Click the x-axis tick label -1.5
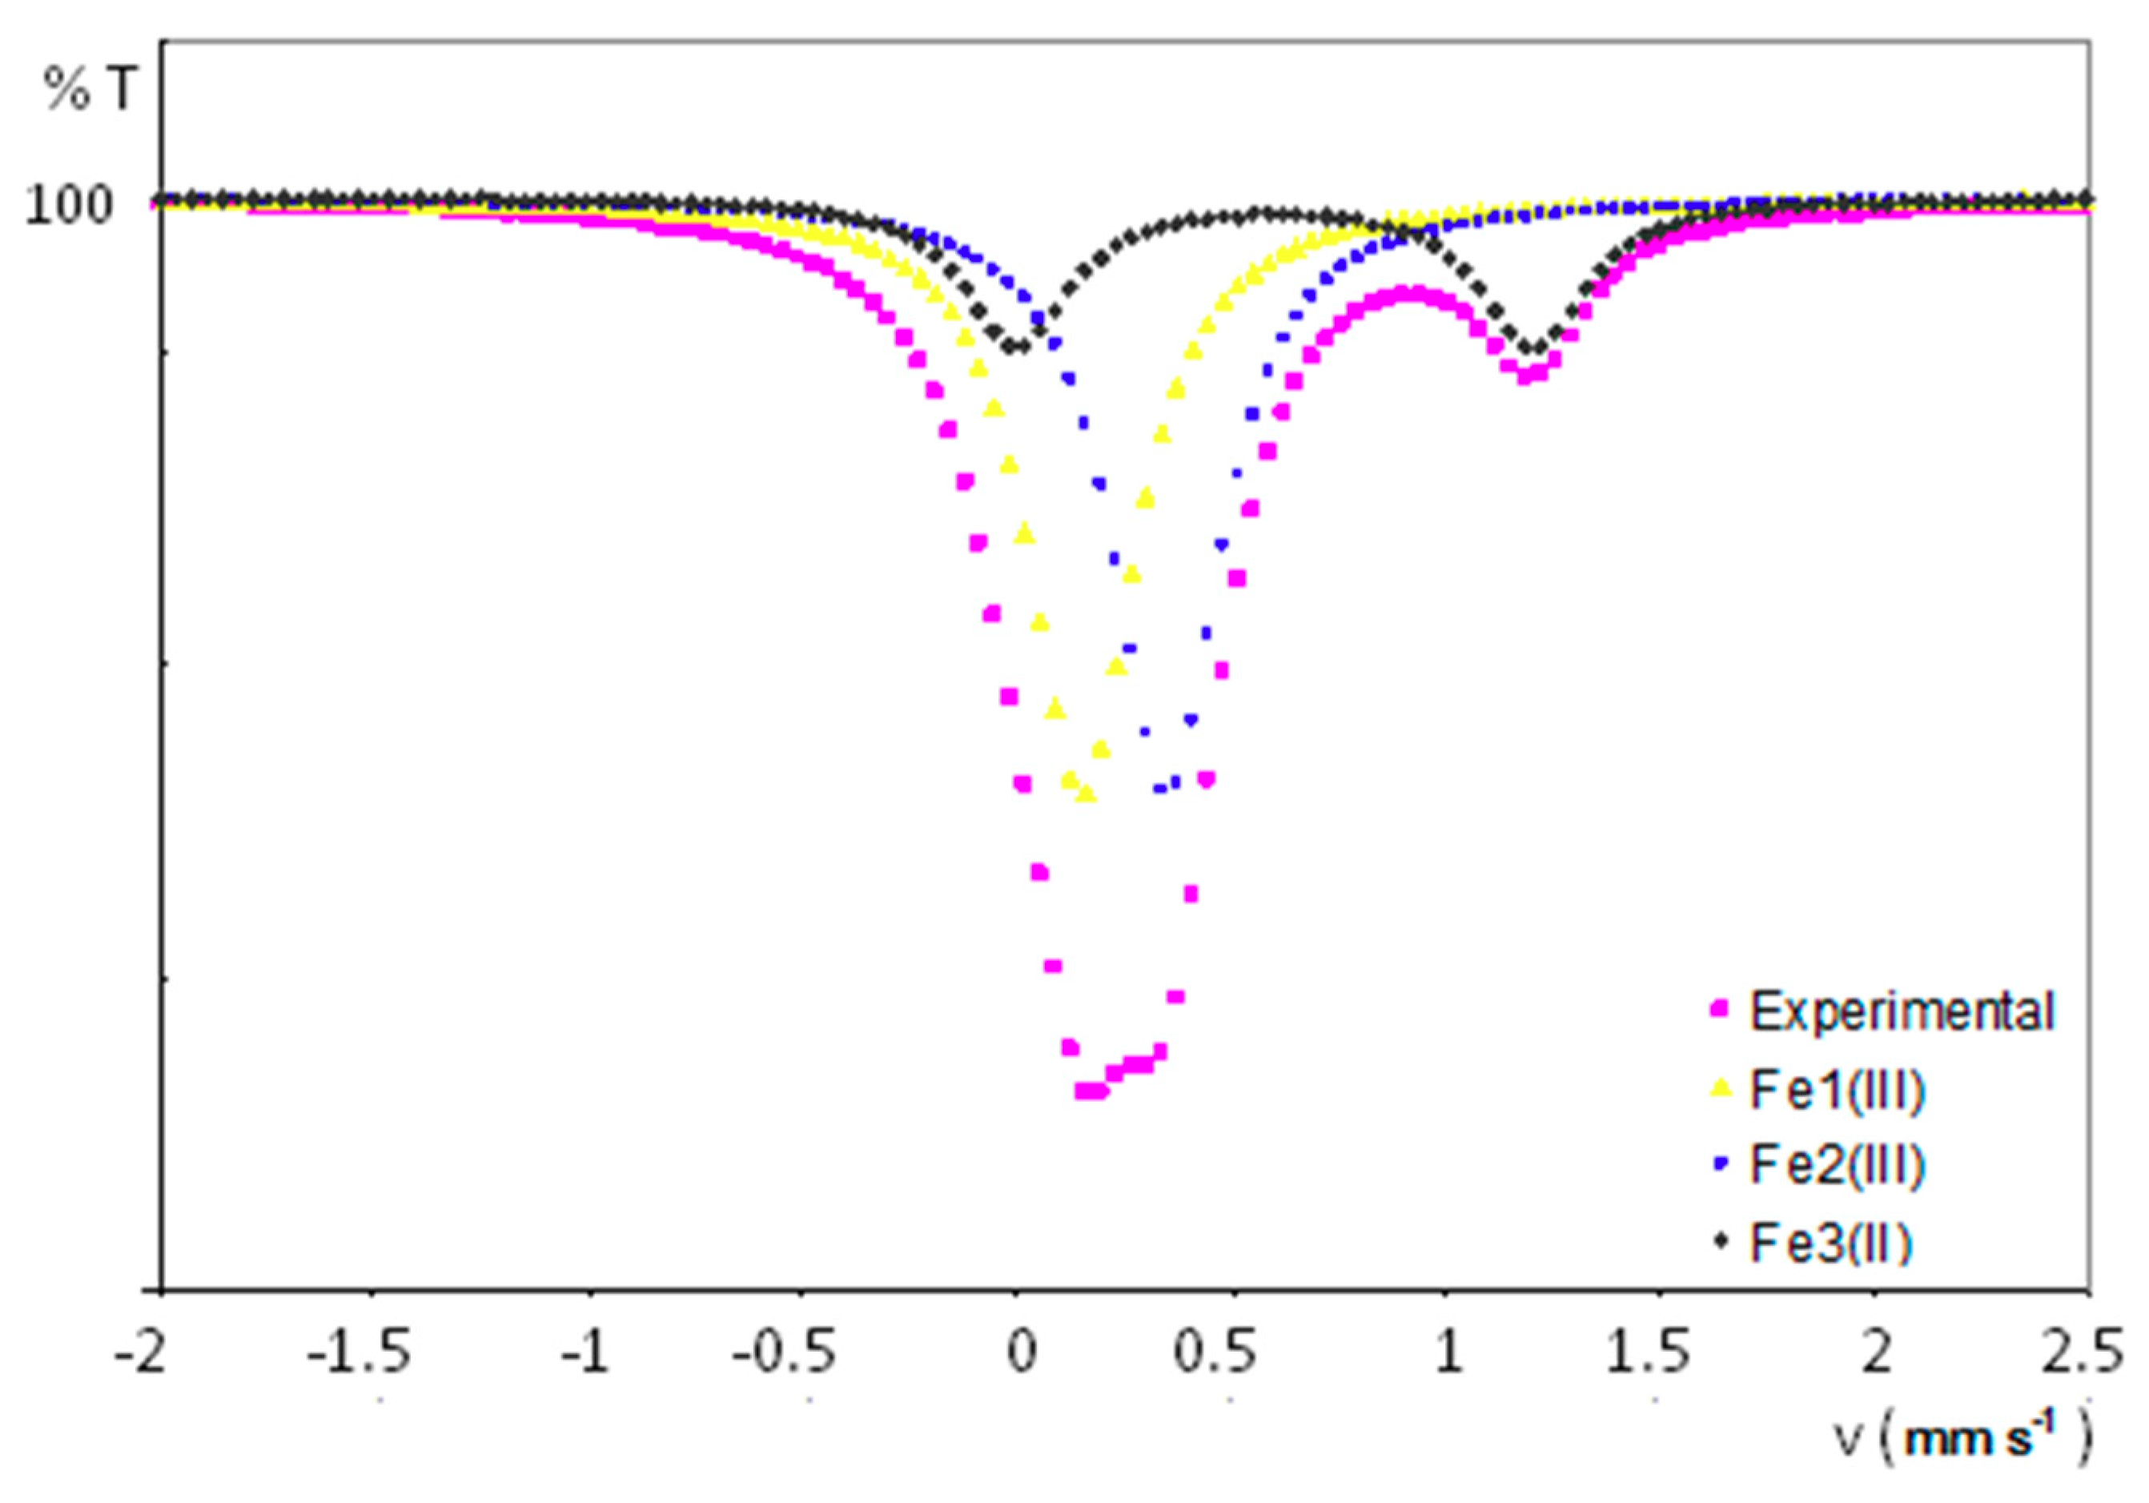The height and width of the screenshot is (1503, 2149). pos(358,1354)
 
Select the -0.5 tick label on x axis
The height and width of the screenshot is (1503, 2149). pos(785,1354)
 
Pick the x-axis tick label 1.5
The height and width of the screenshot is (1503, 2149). pos(1649,1354)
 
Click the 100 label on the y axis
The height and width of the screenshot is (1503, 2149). pos(71,205)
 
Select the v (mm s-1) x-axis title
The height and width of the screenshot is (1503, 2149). pos(1960,1438)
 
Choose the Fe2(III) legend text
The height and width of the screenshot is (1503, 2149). pos(1838,1165)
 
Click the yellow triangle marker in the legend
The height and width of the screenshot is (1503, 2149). pos(1719,1088)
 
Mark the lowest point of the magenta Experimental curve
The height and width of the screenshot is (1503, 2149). pos(1091,1091)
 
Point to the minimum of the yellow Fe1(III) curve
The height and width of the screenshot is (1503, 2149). pos(1086,794)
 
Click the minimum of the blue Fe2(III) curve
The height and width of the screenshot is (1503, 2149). pos(1161,789)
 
